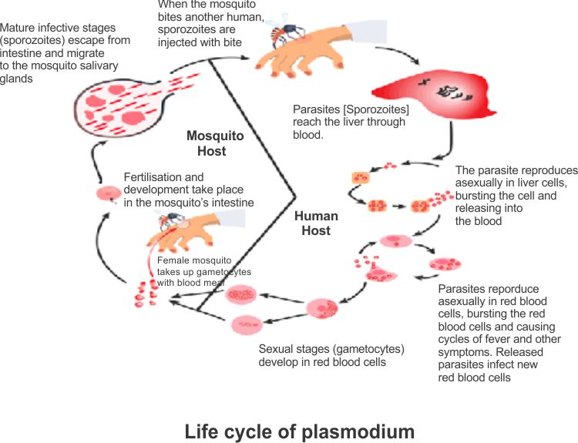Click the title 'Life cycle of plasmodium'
299,431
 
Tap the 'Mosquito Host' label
215,143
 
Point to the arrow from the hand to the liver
401,55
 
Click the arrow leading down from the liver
445,146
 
